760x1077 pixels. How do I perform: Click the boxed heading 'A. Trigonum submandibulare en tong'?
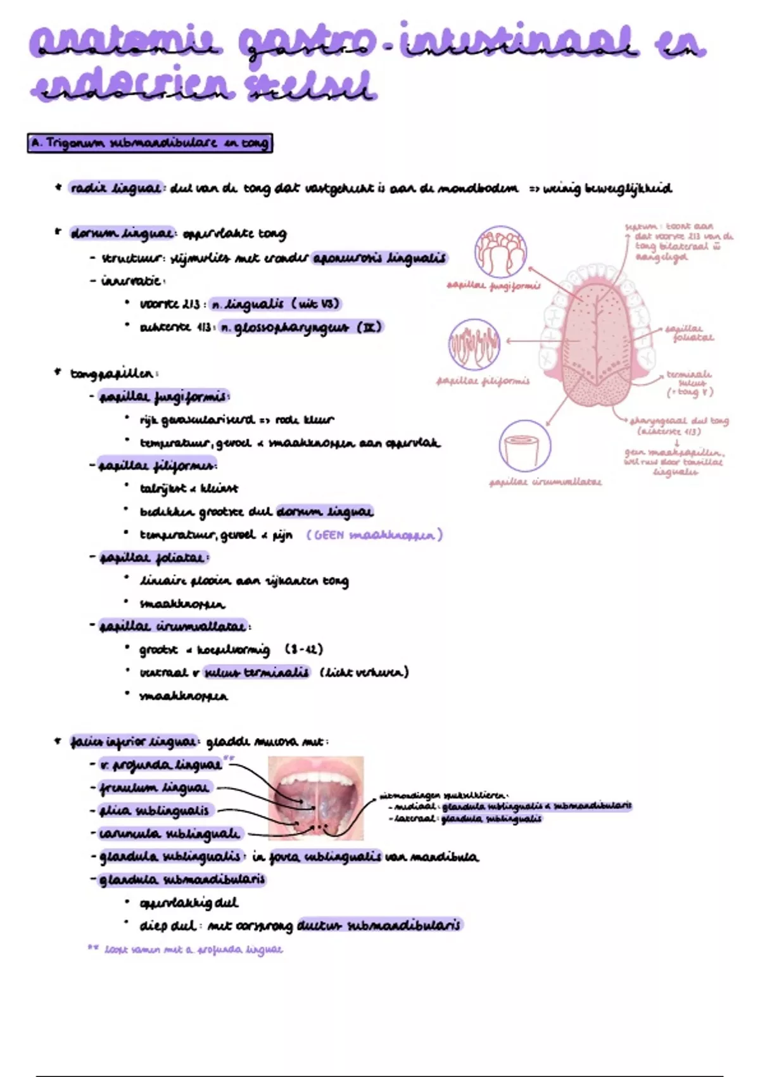150,143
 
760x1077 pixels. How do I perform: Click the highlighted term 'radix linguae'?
115,188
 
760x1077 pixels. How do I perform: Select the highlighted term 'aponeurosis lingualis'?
379,258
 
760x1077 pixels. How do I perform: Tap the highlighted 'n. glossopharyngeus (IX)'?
301,328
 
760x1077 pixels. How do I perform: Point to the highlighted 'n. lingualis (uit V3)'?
275,304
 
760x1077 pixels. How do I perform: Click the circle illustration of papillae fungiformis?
500,252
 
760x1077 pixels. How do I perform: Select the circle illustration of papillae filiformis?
474,345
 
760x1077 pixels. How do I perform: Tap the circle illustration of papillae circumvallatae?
524,446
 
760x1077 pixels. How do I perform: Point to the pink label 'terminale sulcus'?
689,383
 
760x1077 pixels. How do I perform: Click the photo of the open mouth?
315,798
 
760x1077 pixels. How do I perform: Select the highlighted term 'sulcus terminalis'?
256,672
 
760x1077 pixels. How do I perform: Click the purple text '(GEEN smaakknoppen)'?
374,535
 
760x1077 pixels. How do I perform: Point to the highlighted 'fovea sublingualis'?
326,857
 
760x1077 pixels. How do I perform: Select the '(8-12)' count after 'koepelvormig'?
304,649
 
